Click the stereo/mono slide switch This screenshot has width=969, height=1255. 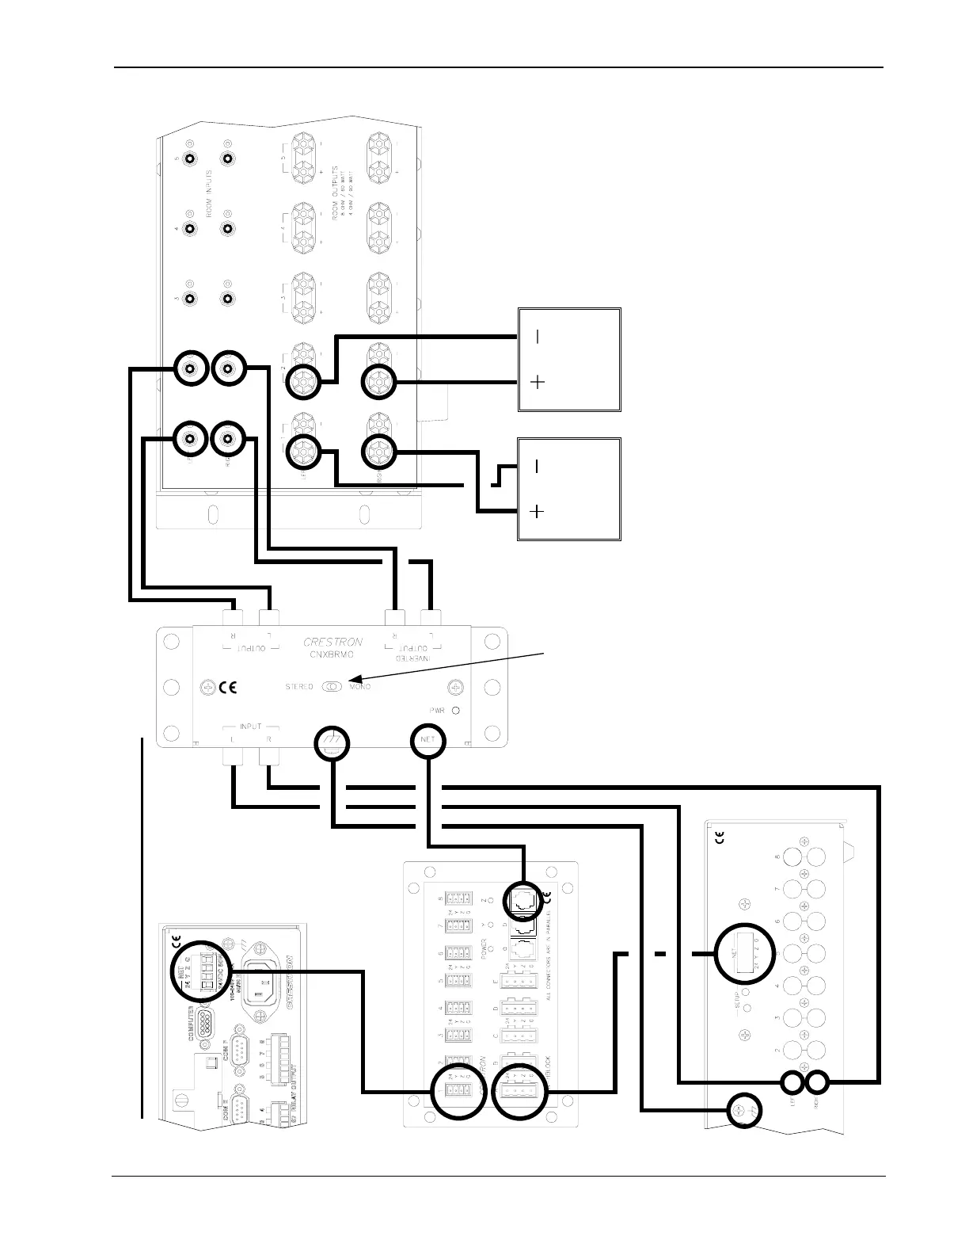pyautogui.click(x=332, y=686)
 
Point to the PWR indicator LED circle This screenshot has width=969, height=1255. pyautogui.click(x=456, y=710)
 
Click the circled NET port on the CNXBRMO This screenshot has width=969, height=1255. pyautogui.click(x=428, y=741)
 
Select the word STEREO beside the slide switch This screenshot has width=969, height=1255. pyautogui.click(x=299, y=686)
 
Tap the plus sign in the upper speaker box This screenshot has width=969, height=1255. pyautogui.click(x=537, y=383)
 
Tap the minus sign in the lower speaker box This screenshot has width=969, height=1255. pyautogui.click(x=537, y=467)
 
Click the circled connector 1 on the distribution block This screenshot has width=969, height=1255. pyautogui.click(x=458, y=1092)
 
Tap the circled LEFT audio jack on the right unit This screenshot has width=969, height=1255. pyautogui.click(x=793, y=1082)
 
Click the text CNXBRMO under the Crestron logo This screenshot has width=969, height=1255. pyautogui.click(x=332, y=654)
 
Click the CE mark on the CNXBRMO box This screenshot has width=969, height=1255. pyautogui.click(x=227, y=687)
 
